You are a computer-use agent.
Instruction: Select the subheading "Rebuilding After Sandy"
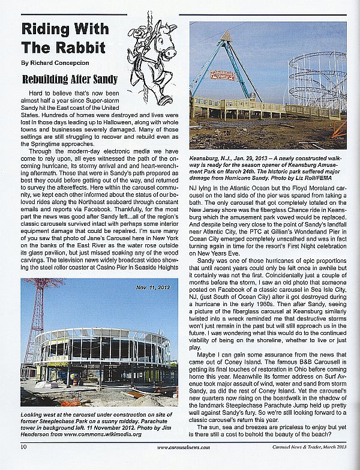(70, 79)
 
